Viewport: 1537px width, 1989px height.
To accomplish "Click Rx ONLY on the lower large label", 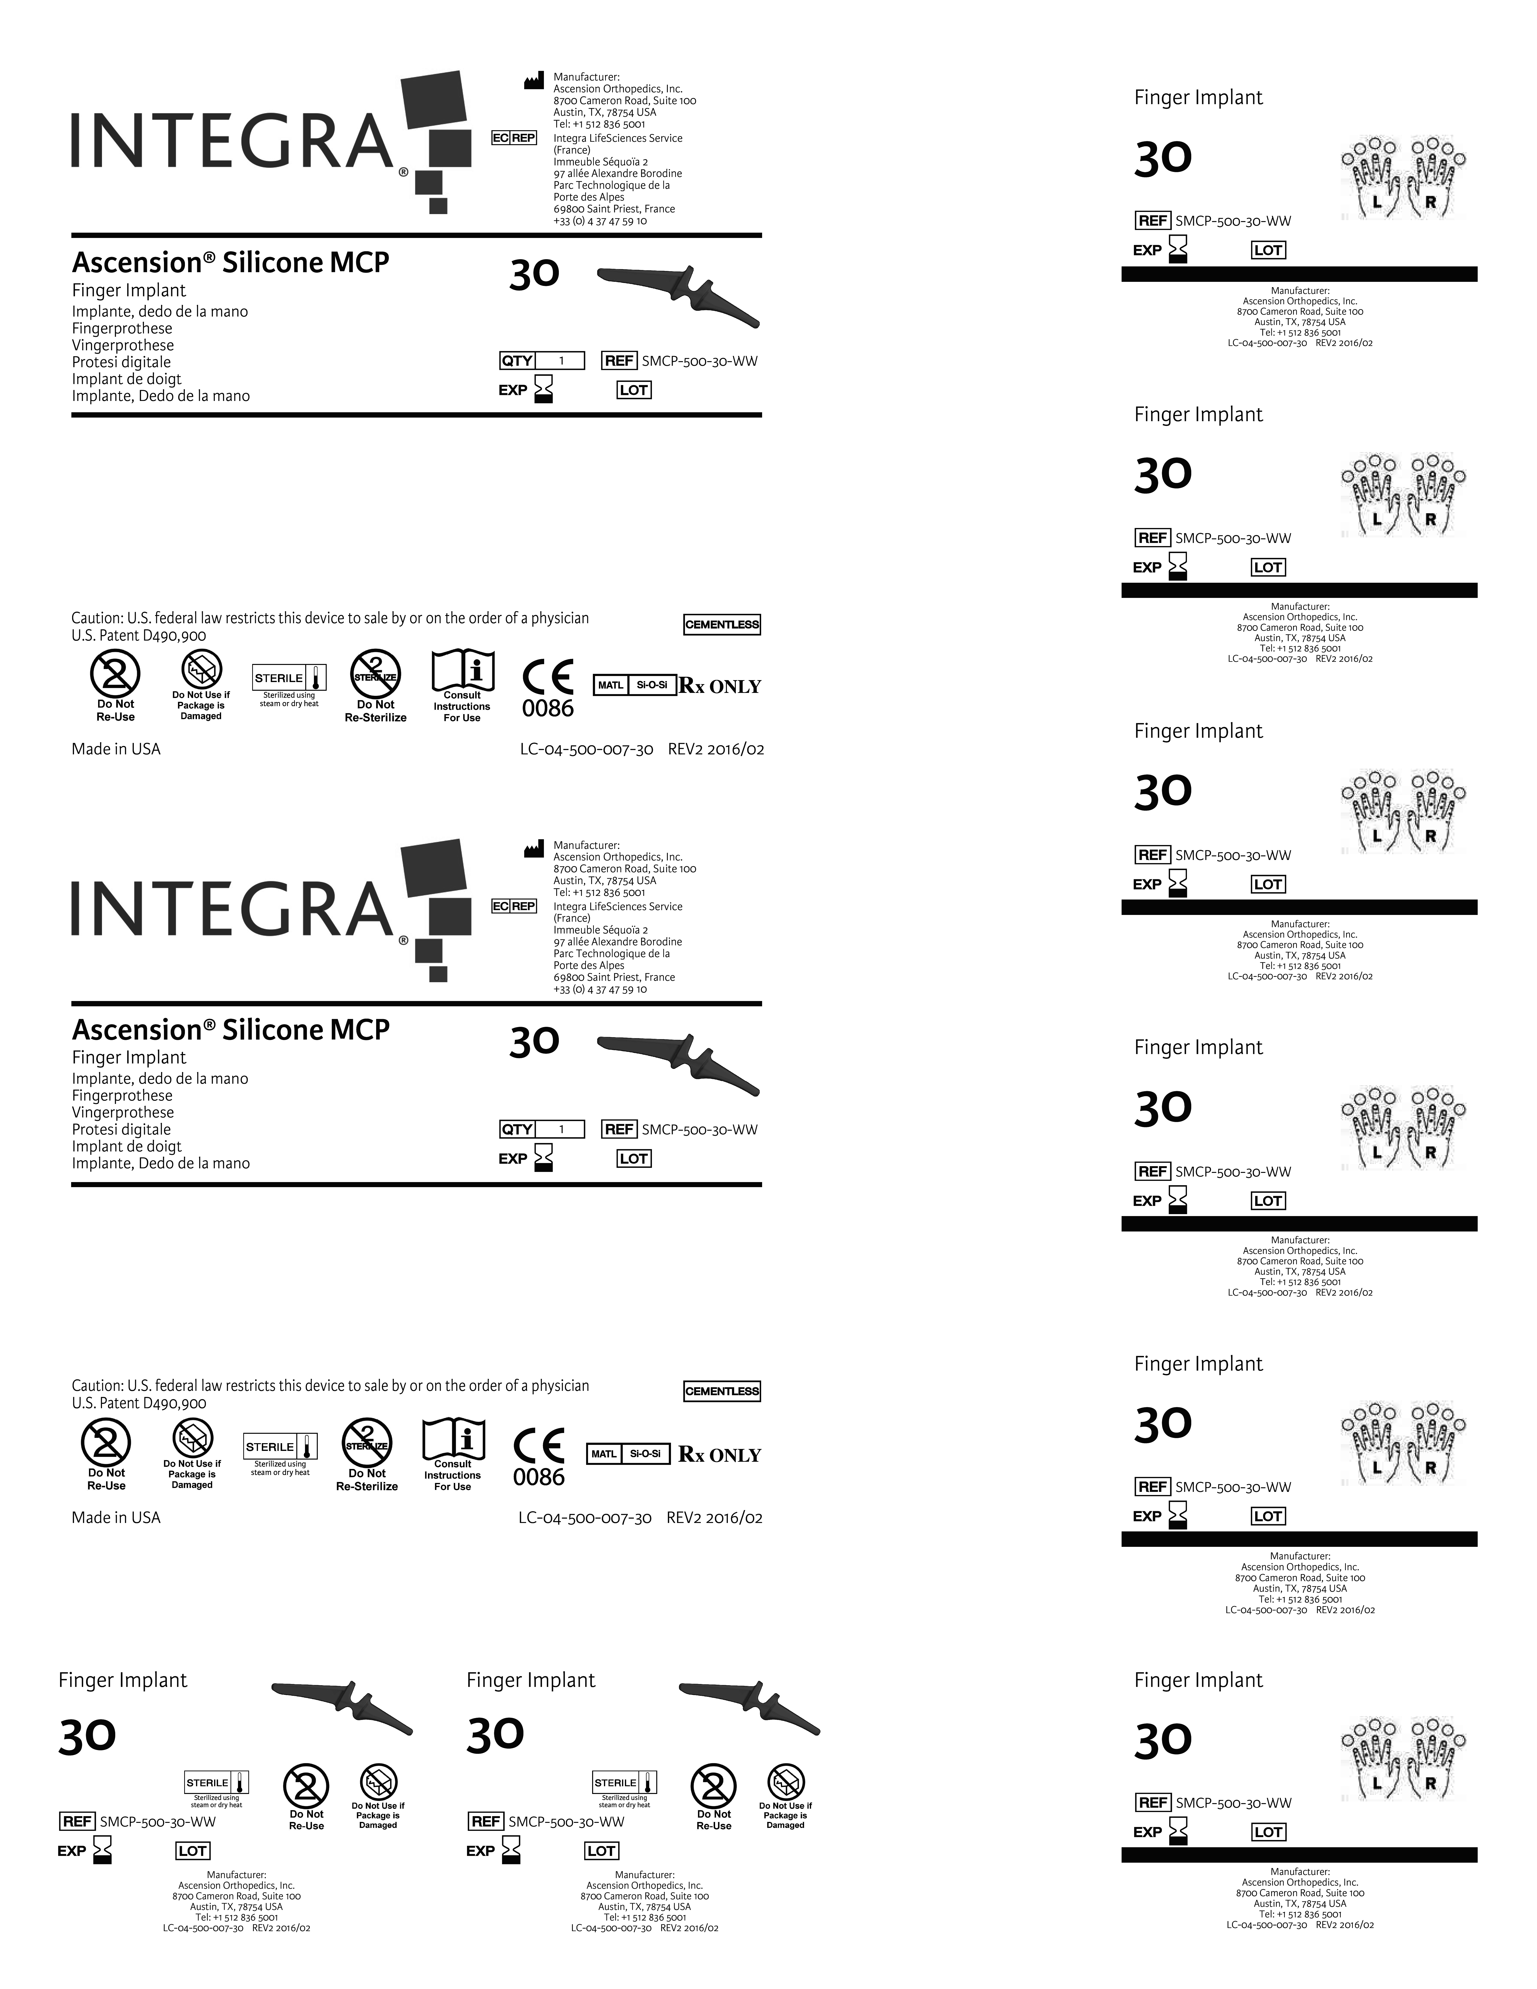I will pos(719,1455).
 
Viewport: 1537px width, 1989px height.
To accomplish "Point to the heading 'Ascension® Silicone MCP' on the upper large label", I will pos(230,262).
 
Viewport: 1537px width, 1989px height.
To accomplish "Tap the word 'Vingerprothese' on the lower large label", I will pos(123,1112).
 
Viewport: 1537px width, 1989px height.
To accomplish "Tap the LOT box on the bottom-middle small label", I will pos(601,1851).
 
